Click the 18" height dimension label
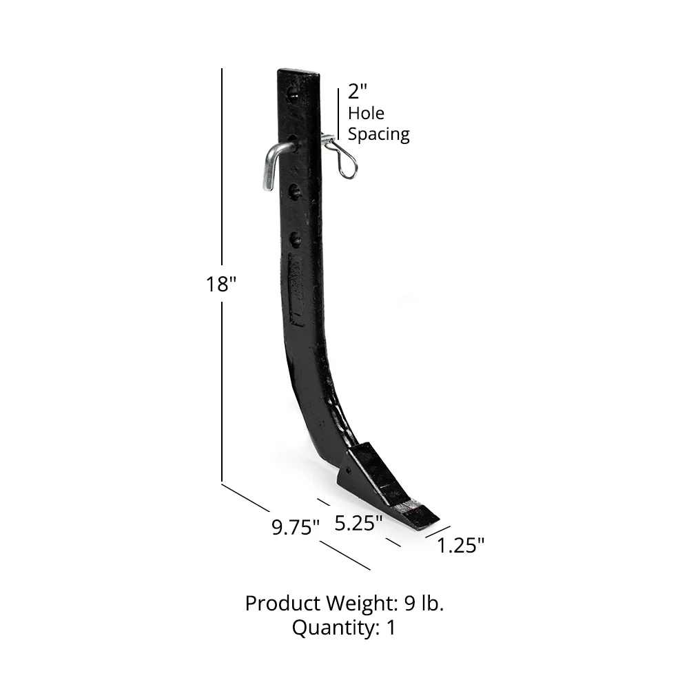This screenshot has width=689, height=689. [221, 284]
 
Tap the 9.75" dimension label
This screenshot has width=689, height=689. [296, 528]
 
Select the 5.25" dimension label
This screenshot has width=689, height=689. [358, 523]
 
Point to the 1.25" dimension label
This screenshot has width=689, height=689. [461, 546]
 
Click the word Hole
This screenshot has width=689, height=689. [366, 113]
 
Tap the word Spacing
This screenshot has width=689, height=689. [378, 134]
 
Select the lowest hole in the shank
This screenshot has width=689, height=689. [296, 239]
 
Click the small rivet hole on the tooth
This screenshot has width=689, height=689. [348, 472]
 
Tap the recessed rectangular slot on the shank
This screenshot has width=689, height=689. [296, 289]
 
